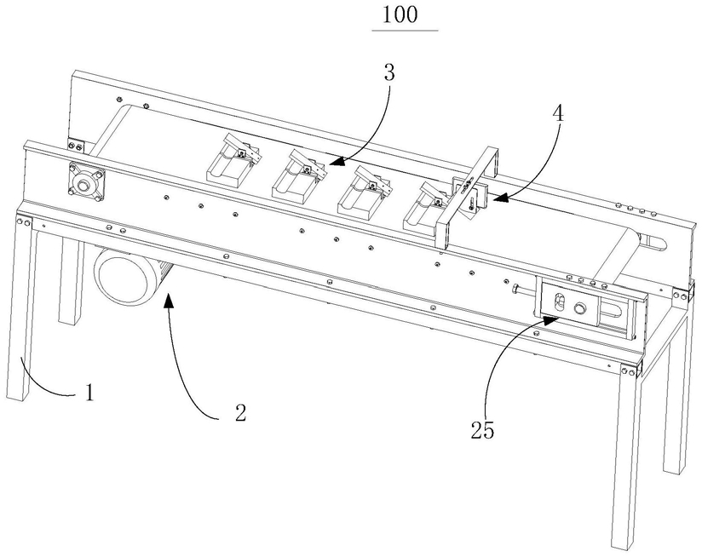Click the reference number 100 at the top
pos(400,14)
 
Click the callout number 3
pos(389,72)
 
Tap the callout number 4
pos(558,114)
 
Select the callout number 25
pos(482,430)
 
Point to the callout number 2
pos(240,412)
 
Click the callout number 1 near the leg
pos(90,393)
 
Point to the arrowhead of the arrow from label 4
pos(498,198)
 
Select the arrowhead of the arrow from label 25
pos(550,319)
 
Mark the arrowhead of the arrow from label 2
pos(168,299)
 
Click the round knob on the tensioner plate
pos(580,307)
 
